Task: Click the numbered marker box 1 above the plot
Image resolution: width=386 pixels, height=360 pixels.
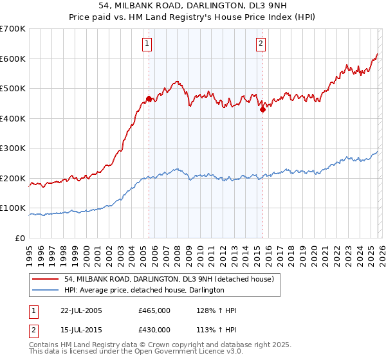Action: point(147,44)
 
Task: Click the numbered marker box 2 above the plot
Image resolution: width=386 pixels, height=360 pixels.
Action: point(261,44)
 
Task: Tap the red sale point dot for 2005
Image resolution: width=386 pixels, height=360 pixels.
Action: point(149,99)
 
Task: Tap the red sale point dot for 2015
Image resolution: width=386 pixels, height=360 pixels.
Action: point(262,110)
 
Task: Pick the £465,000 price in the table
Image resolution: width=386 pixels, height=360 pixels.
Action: point(154,310)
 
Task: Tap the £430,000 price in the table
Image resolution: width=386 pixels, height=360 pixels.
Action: point(154,330)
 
